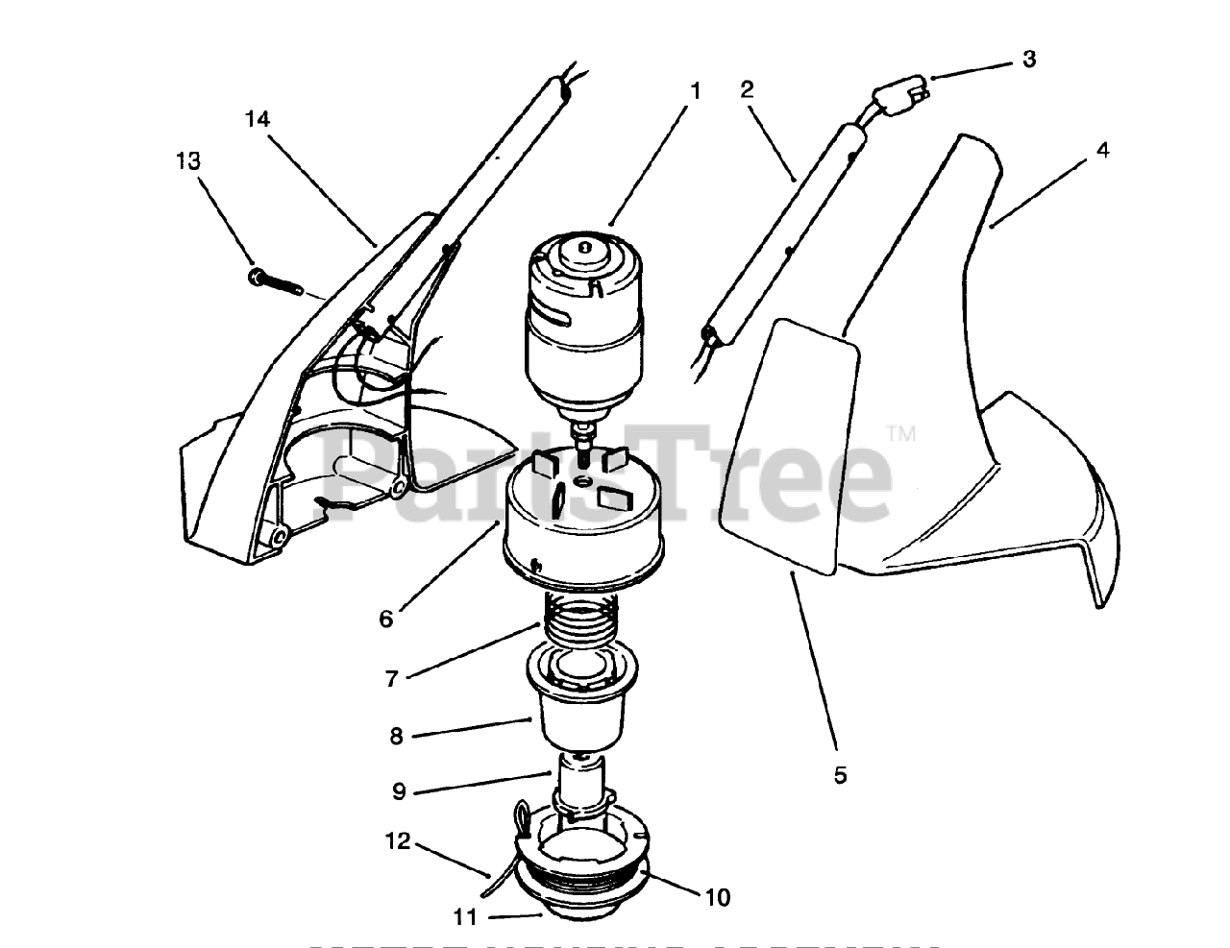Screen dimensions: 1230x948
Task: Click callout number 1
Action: (x=695, y=92)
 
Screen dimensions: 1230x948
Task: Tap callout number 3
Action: (x=1029, y=60)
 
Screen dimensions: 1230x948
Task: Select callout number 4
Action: (x=1102, y=151)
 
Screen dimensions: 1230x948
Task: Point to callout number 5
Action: (x=840, y=775)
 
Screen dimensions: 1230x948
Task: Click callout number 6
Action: (x=386, y=620)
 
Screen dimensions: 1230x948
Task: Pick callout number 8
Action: (x=396, y=737)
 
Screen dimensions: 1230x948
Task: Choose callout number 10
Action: (x=718, y=898)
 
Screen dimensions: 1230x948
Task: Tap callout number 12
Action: (x=398, y=842)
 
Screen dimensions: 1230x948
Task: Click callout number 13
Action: (x=188, y=160)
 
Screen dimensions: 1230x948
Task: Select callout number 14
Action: (x=257, y=120)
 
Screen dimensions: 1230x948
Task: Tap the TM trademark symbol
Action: (x=901, y=435)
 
